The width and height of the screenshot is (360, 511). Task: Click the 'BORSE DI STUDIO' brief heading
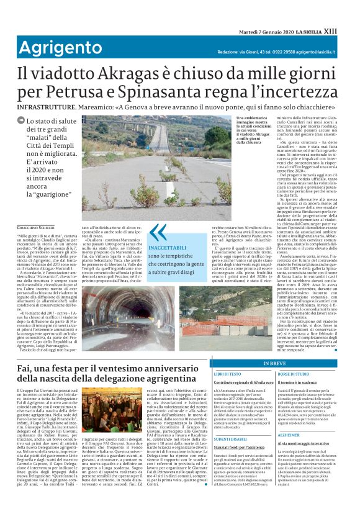pos(294,374)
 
